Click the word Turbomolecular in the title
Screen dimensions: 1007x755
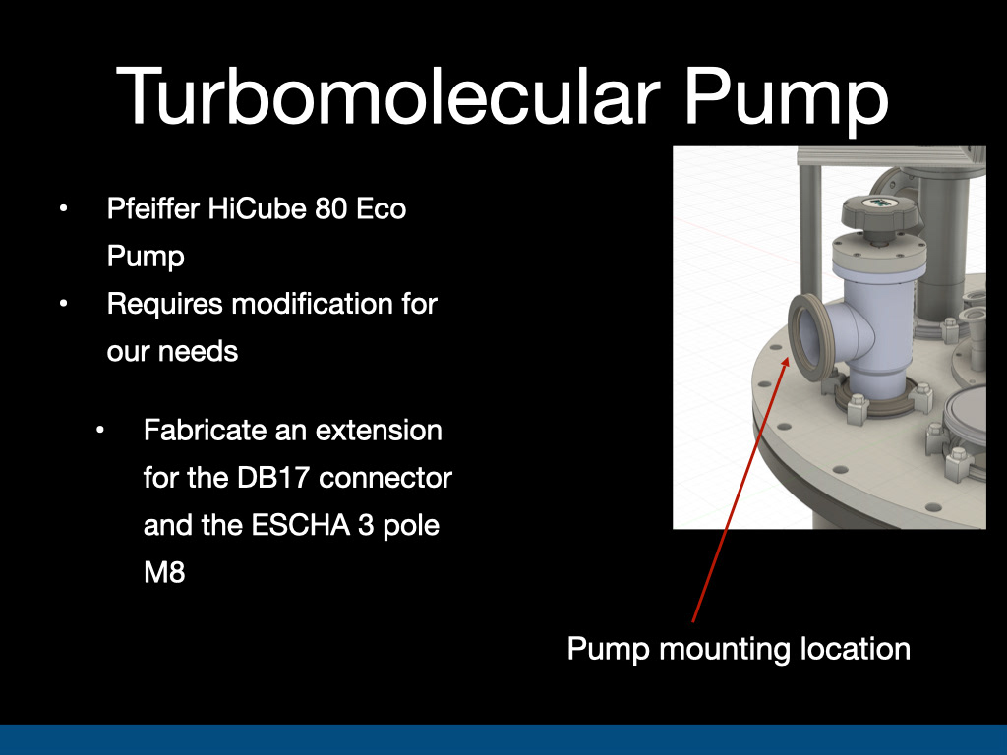387,96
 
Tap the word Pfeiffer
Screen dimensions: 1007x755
152,208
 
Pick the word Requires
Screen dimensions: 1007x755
164,305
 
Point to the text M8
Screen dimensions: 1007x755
164,573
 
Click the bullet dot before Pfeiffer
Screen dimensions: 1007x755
63,208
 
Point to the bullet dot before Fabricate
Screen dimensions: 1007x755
99,431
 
